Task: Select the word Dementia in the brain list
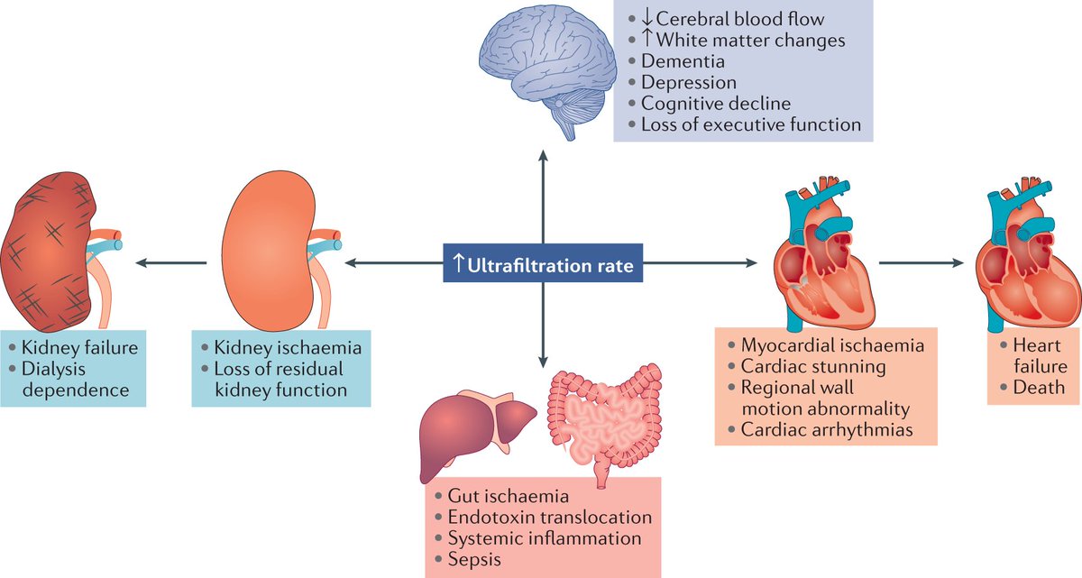click(x=683, y=62)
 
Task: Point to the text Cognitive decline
click(x=715, y=104)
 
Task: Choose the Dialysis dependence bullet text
click(x=68, y=380)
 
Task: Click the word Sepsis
click(x=472, y=559)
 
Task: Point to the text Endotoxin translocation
click(x=549, y=517)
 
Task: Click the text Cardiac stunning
click(x=812, y=366)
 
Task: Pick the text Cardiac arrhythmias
click(x=826, y=429)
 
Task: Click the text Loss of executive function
click(x=750, y=124)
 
